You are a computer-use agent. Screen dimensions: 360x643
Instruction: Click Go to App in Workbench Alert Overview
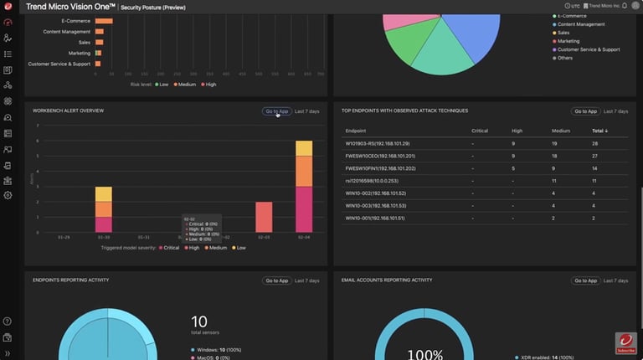tap(276, 111)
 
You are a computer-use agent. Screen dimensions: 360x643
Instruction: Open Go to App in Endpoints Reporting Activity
tap(276, 280)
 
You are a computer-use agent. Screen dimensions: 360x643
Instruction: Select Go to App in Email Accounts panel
tap(585, 280)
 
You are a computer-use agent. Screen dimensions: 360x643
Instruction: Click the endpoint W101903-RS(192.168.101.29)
tap(378, 143)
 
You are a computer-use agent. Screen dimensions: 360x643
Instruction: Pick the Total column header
tap(599, 131)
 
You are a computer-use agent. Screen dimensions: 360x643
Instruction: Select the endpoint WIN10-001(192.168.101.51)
tap(375, 218)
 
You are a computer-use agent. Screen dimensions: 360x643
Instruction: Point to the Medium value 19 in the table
tap(555, 143)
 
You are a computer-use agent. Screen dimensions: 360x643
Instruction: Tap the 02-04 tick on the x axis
tap(304, 238)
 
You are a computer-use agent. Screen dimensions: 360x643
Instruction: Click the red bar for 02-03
tap(264, 217)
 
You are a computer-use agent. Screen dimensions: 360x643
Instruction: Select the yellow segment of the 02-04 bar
tap(304, 148)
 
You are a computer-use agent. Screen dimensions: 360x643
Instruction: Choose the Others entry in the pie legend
tap(566, 58)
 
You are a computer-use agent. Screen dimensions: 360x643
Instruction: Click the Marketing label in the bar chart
tap(79, 53)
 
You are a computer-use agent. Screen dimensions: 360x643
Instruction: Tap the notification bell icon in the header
tap(625, 6)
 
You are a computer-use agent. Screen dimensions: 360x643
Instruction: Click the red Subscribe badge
tap(625, 342)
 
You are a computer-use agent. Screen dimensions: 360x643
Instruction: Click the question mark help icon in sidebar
tap(8, 321)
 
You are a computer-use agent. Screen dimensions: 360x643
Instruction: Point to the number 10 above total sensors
tap(199, 321)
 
